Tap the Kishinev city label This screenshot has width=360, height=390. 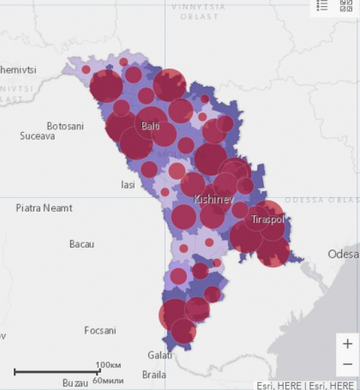213,199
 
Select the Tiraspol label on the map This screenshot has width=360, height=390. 268,220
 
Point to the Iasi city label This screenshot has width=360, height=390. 129,184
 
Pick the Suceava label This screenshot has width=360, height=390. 38,136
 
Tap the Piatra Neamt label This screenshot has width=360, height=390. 45,208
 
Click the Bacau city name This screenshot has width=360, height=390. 81,244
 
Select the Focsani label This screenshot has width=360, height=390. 101,330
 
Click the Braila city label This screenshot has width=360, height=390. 154,375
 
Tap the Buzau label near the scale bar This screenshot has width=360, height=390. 75,382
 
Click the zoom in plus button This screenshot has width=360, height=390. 346,344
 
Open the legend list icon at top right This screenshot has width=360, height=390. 322,5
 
